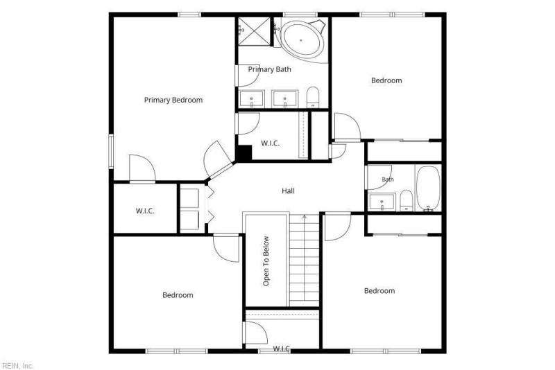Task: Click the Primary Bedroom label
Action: point(173,100)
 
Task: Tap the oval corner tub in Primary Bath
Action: point(302,40)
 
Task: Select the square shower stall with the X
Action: point(254,31)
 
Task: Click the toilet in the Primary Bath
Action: point(313,97)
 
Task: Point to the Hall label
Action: point(288,191)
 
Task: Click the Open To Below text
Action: point(266,261)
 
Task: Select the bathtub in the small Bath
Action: point(428,188)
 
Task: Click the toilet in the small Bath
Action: point(407,200)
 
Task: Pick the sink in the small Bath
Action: point(382,202)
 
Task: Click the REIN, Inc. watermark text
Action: point(17,366)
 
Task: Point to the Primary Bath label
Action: point(270,69)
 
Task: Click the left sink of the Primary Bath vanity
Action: point(252,99)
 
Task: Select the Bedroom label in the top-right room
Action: point(386,80)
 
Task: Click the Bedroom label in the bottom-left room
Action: point(178,295)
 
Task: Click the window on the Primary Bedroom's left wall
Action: point(111,151)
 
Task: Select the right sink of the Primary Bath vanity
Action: point(284,99)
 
